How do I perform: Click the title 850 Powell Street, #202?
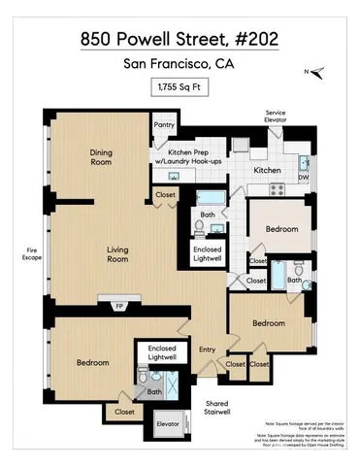180,40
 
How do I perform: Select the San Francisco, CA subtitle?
180,65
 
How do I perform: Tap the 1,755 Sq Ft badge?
180,88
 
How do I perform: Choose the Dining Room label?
102,157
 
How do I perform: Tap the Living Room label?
117,254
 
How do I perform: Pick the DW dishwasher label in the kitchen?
304,177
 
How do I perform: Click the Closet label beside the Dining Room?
165,195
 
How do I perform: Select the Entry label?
207,350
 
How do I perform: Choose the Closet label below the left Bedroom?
124,412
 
